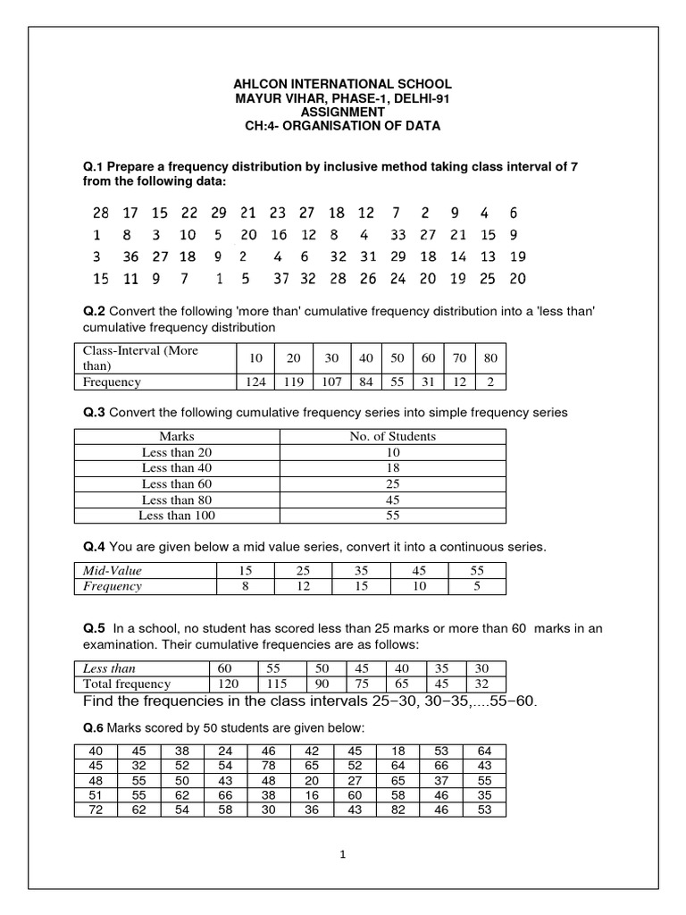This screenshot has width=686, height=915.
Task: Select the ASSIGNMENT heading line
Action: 343,112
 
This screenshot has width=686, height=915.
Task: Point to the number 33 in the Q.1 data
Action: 398,235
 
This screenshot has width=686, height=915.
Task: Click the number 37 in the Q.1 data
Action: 281,278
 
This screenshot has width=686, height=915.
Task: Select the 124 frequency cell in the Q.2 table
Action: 256,382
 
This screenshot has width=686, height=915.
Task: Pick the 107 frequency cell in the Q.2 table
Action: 331,382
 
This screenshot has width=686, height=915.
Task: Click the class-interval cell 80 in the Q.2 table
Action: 490,357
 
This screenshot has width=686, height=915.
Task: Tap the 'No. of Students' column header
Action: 392,436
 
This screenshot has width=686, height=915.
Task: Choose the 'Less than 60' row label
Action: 177,484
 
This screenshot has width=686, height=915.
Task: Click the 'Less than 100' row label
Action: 177,516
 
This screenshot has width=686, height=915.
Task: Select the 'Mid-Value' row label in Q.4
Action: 113,570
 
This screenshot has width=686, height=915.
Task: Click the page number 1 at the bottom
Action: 342,854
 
